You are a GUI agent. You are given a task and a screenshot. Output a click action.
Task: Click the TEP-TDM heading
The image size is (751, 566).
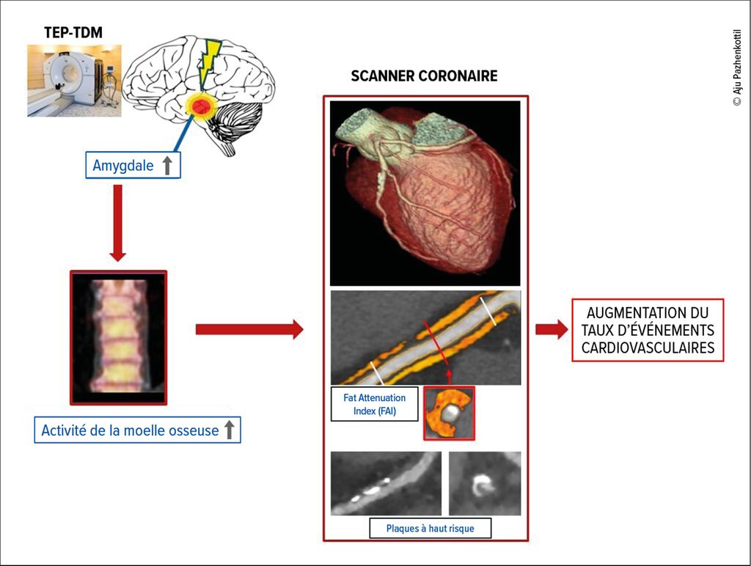click(73, 32)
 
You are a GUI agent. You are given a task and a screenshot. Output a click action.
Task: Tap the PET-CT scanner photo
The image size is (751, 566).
click(74, 80)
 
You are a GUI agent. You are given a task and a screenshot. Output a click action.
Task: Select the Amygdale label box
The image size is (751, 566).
click(133, 166)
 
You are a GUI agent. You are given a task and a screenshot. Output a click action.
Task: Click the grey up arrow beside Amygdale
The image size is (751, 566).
click(167, 166)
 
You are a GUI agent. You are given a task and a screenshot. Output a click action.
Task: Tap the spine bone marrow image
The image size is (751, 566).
click(119, 337)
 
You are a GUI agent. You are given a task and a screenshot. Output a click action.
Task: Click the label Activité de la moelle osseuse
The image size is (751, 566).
click(130, 430)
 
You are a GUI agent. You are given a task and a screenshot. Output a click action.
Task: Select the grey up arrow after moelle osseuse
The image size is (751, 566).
click(229, 430)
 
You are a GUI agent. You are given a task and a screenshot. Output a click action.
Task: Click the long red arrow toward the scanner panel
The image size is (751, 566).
click(249, 329)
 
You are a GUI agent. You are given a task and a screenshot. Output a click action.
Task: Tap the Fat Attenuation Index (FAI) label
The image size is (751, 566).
click(374, 404)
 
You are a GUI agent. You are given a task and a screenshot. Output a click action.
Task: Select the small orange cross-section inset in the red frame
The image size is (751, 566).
click(449, 414)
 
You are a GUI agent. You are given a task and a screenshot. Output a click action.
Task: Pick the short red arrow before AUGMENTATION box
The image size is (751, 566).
click(552, 329)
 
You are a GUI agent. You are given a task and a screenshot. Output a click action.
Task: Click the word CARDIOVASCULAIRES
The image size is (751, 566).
click(648, 348)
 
